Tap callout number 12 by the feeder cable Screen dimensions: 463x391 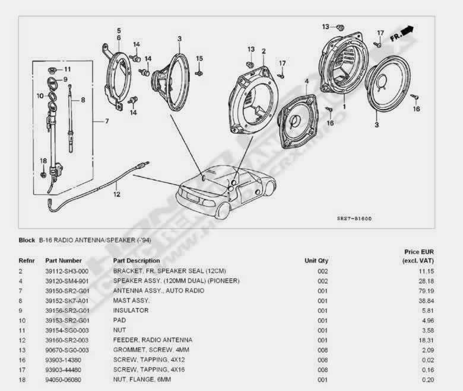[116, 194]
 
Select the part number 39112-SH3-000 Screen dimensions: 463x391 [66, 271]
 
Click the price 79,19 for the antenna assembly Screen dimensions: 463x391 [426, 291]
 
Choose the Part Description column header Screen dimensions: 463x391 [137, 261]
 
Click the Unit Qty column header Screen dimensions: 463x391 [316, 261]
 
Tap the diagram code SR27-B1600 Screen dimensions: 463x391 [354, 219]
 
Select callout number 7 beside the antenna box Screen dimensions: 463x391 [107, 121]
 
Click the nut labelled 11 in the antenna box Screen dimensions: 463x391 [52, 70]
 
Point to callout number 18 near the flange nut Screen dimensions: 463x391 [43, 161]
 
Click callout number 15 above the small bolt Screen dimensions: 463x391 [199, 59]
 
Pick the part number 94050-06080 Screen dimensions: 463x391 [63, 380]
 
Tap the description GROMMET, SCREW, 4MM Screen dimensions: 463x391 [151, 350]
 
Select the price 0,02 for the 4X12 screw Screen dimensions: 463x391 [428, 360]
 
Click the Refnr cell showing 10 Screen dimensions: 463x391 [22, 321]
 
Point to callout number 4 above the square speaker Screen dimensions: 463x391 [307, 81]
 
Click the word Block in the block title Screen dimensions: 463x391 [27, 240]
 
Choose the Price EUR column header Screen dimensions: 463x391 [419, 252]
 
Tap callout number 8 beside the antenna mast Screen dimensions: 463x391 [83, 100]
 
